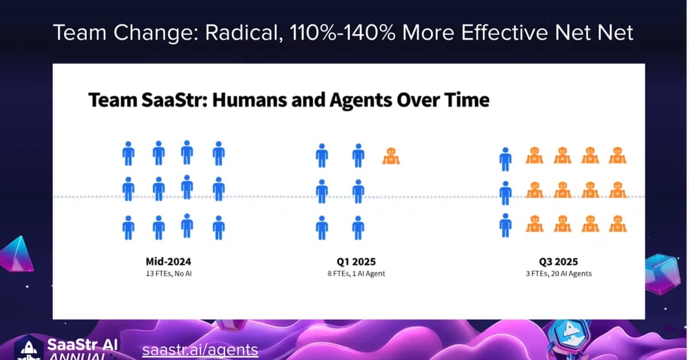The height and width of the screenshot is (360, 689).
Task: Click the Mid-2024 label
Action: tap(168, 261)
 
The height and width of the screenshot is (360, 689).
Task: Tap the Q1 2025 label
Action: tap(356, 261)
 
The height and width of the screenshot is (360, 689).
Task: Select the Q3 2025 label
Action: tap(559, 261)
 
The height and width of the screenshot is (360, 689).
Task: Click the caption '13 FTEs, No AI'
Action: tap(168, 273)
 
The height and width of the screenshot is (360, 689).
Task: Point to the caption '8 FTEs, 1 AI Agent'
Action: tap(356, 273)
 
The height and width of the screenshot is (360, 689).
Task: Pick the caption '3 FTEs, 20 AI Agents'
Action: tap(559, 273)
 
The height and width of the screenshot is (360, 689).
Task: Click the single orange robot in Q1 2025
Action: tap(391, 155)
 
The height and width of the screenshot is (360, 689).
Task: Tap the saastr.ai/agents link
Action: tap(200, 350)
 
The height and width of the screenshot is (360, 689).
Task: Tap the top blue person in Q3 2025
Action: tap(505, 159)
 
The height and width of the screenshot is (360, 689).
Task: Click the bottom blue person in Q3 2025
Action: tap(505, 225)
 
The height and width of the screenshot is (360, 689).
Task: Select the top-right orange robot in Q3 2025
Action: tap(617, 155)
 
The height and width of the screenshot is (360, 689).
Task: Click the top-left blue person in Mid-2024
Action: tap(129, 154)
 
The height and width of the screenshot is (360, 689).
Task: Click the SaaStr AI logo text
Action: tap(83, 345)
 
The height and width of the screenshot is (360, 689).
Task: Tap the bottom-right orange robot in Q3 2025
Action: tap(617, 223)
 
